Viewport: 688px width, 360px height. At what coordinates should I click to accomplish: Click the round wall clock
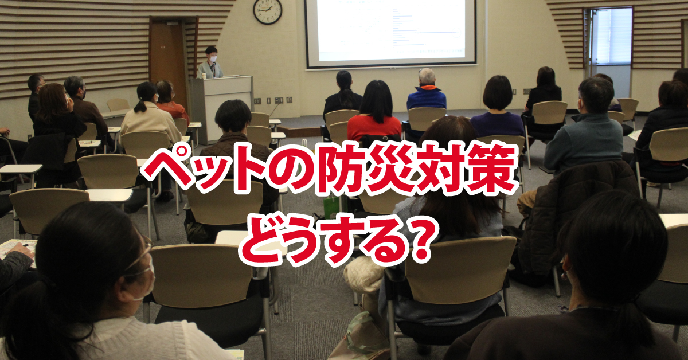[268, 11]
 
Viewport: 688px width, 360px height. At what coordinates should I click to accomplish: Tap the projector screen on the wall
[390, 32]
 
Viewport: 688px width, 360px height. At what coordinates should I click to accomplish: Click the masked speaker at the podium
[211, 63]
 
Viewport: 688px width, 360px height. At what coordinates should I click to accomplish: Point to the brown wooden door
[167, 57]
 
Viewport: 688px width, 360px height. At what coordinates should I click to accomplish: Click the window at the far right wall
[609, 37]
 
